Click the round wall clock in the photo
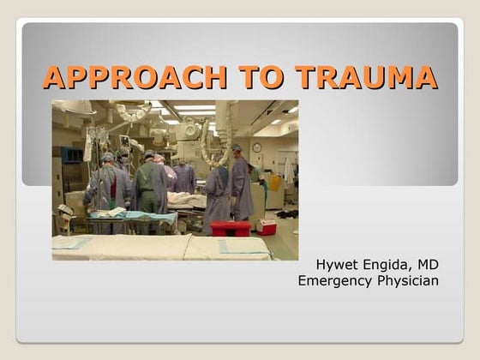256,147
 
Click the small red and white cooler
267,226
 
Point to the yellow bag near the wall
273,183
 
